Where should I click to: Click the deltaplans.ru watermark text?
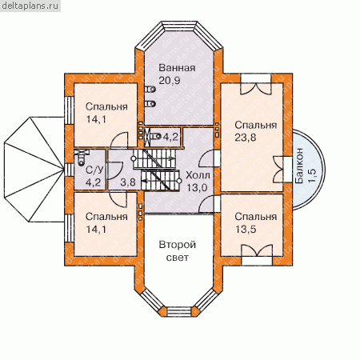click(30, 6)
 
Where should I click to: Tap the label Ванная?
click(177, 68)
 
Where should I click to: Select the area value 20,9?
click(170, 80)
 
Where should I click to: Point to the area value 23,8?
click(246, 138)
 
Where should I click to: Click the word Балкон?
click(299, 166)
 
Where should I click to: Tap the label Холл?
click(198, 175)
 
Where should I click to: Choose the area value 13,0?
click(197, 188)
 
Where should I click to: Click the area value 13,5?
click(246, 229)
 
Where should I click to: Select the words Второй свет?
click(178, 251)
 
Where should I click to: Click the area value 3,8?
click(128, 182)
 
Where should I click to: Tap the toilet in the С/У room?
click(81, 159)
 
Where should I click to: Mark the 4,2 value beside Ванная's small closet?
click(170, 137)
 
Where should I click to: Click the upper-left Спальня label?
click(106, 106)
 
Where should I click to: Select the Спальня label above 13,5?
click(255, 217)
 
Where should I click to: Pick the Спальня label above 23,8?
click(255, 125)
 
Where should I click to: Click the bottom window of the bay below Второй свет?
click(179, 311)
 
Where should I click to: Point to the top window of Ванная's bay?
click(179, 26)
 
